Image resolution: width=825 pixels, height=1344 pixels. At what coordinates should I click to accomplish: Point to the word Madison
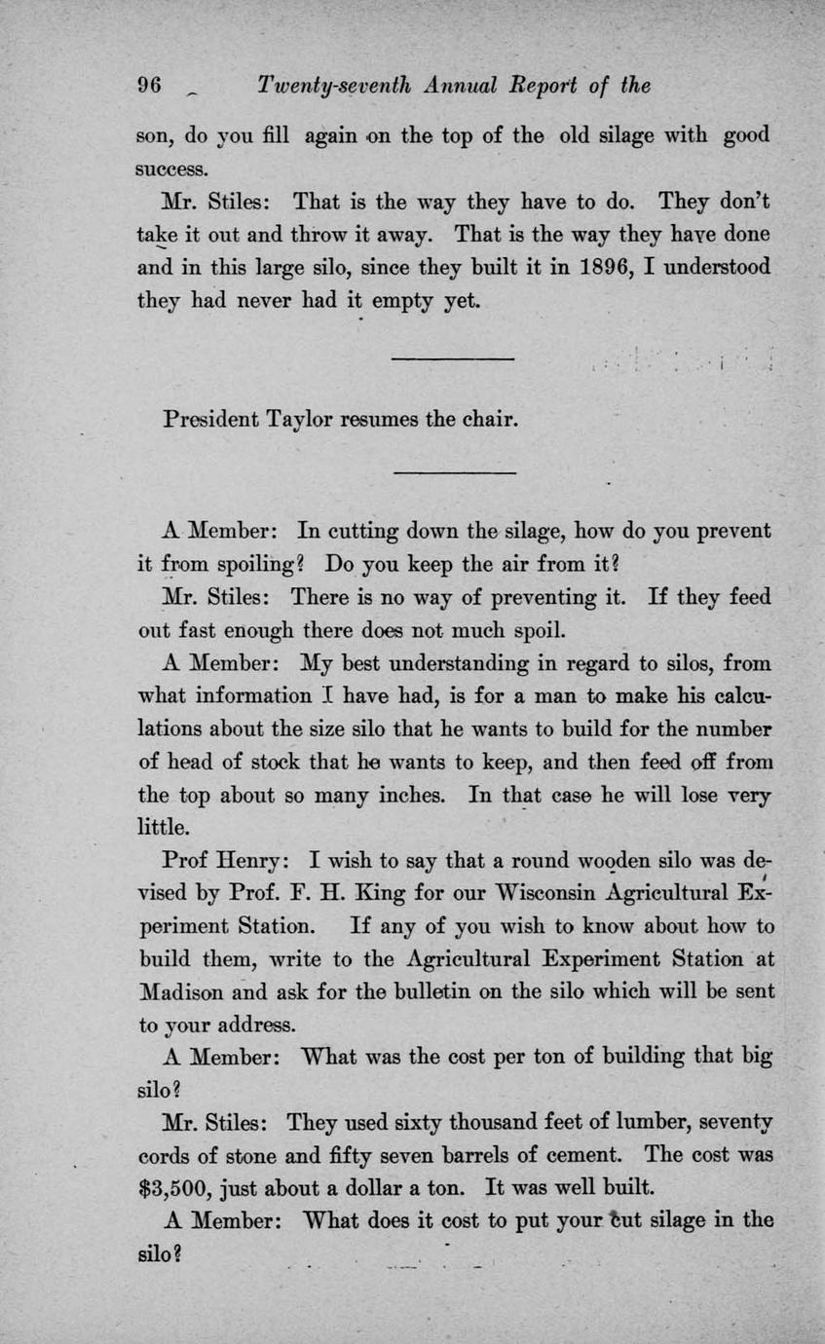pos(184,991)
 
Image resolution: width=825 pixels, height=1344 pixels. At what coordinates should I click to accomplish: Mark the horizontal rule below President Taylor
pos(452,473)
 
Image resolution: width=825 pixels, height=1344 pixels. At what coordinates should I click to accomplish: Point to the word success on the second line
pos(170,168)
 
